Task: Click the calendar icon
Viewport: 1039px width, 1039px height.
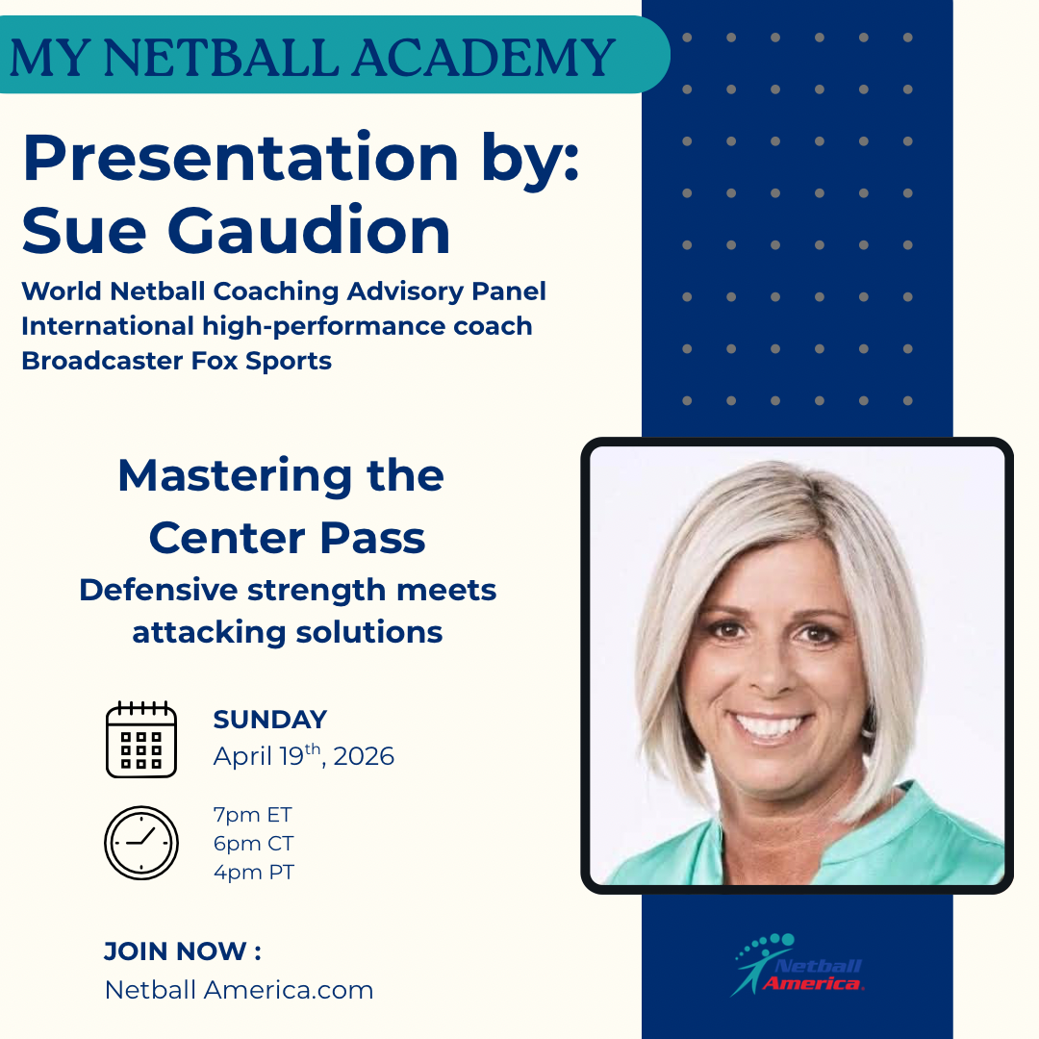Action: click(141, 739)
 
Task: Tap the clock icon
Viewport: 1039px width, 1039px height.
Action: click(141, 843)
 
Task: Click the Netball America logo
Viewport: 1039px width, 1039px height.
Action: click(798, 965)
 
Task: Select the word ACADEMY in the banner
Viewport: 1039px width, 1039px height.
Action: click(484, 58)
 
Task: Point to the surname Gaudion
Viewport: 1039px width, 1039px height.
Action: click(309, 231)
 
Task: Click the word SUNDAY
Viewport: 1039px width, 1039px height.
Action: click(270, 720)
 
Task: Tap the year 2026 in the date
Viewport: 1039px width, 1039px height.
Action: click(364, 756)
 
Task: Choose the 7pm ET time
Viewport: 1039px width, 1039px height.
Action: click(252, 815)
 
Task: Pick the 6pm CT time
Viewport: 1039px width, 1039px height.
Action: click(253, 844)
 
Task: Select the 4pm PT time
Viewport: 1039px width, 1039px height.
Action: click(254, 872)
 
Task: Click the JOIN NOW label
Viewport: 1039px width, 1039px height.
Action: click(183, 951)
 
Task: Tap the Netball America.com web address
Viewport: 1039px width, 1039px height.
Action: click(240, 990)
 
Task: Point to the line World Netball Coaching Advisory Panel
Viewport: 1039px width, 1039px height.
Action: click(284, 291)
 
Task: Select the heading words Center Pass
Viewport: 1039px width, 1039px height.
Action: click(287, 538)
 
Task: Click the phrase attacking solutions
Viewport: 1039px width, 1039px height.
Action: click(288, 632)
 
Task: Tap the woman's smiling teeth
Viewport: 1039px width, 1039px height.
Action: click(770, 724)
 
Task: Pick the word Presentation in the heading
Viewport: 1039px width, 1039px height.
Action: click(241, 158)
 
